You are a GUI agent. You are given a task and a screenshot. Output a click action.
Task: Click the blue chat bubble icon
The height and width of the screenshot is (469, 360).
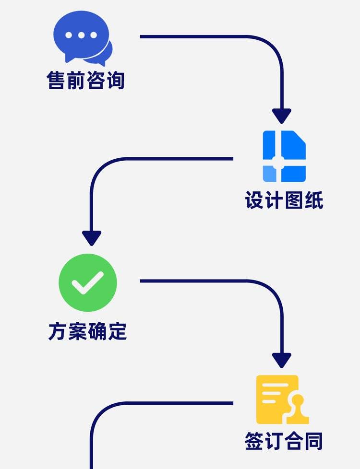click(83, 37)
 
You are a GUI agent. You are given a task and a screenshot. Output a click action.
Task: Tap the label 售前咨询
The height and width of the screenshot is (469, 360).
click(86, 80)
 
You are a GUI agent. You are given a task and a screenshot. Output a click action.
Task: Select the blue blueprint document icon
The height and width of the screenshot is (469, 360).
click(284, 156)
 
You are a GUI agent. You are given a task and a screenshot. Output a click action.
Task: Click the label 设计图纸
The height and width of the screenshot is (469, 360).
click(284, 200)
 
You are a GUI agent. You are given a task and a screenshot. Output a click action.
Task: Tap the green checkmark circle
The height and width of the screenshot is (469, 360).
click(88, 282)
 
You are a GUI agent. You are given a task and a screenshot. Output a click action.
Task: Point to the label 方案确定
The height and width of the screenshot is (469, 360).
click(87, 331)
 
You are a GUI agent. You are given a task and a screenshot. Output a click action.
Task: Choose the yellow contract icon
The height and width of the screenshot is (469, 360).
click(282, 399)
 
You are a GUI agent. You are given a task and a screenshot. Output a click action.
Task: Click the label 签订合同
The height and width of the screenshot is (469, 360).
click(283, 441)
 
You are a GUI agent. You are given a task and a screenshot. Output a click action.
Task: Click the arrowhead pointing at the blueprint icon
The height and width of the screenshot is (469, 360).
click(281, 116)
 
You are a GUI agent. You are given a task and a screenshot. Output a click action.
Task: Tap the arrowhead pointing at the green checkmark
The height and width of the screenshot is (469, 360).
click(92, 238)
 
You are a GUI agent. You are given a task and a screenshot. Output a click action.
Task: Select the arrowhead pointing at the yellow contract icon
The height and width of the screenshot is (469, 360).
click(281, 360)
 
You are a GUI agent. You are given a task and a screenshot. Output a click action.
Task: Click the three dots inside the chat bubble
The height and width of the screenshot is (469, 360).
click(81, 35)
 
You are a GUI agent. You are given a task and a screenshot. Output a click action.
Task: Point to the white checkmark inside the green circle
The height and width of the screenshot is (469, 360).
click(88, 283)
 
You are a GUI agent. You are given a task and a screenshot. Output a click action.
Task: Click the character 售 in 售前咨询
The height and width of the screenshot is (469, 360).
click(57, 80)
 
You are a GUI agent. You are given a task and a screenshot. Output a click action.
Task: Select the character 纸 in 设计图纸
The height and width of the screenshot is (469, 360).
click(314, 200)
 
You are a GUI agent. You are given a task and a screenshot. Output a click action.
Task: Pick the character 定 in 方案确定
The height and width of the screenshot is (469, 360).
click(117, 331)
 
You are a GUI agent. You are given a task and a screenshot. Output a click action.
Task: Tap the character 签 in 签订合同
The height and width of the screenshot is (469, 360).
click(254, 441)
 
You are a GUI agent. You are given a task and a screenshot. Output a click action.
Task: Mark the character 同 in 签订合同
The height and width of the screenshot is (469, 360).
click(312, 441)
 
